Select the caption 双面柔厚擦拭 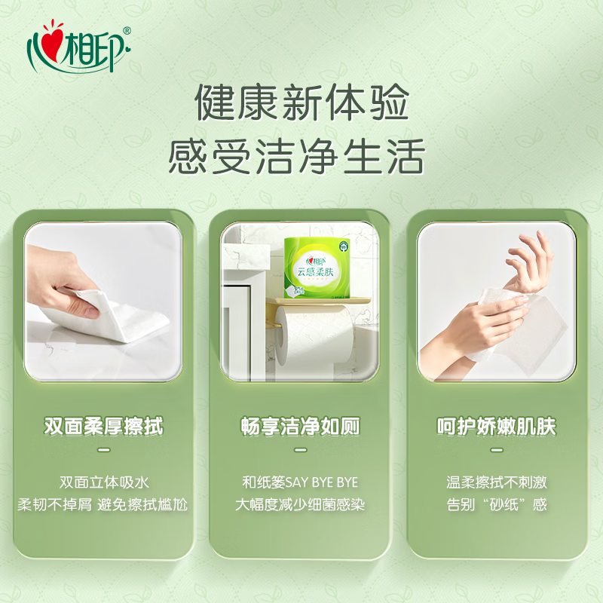click(x=104, y=426)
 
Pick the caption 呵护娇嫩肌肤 click(x=497, y=426)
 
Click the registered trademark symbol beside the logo click(x=127, y=31)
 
